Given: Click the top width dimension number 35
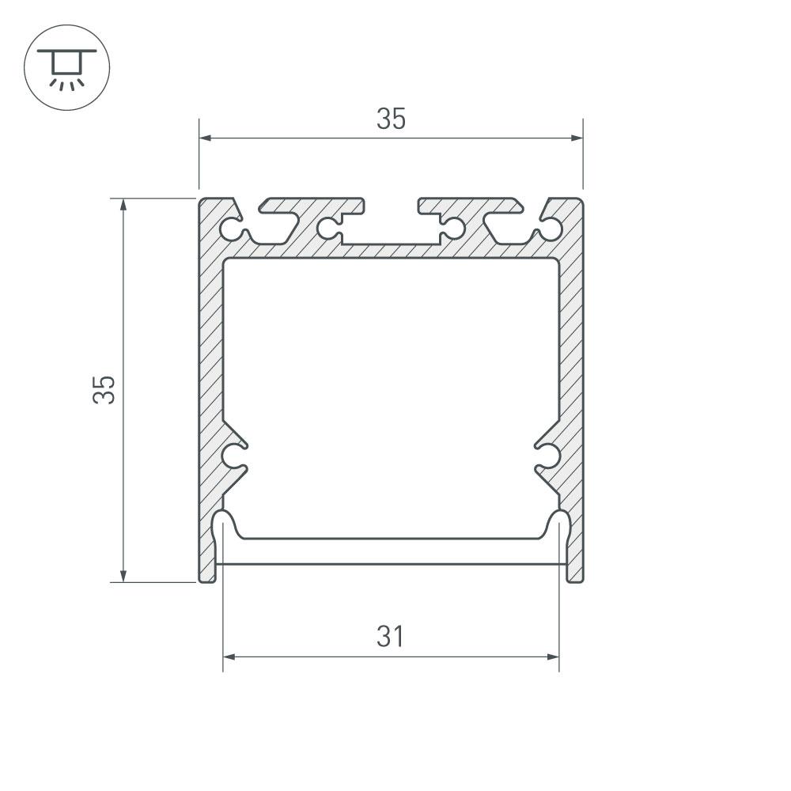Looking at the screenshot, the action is (x=391, y=119).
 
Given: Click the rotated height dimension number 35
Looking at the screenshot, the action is (x=104, y=389).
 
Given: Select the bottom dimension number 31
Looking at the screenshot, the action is (x=391, y=637).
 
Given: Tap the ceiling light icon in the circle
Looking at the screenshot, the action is (x=66, y=68).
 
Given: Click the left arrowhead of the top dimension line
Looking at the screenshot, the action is (x=206, y=138).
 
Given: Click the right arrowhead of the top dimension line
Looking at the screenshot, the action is (x=577, y=138).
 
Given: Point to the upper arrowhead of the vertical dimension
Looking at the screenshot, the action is (x=123, y=205).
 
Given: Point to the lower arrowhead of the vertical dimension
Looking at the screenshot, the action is (x=123, y=576).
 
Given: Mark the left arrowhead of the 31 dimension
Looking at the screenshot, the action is (x=229, y=657).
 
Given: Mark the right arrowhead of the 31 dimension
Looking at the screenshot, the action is (x=553, y=657).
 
